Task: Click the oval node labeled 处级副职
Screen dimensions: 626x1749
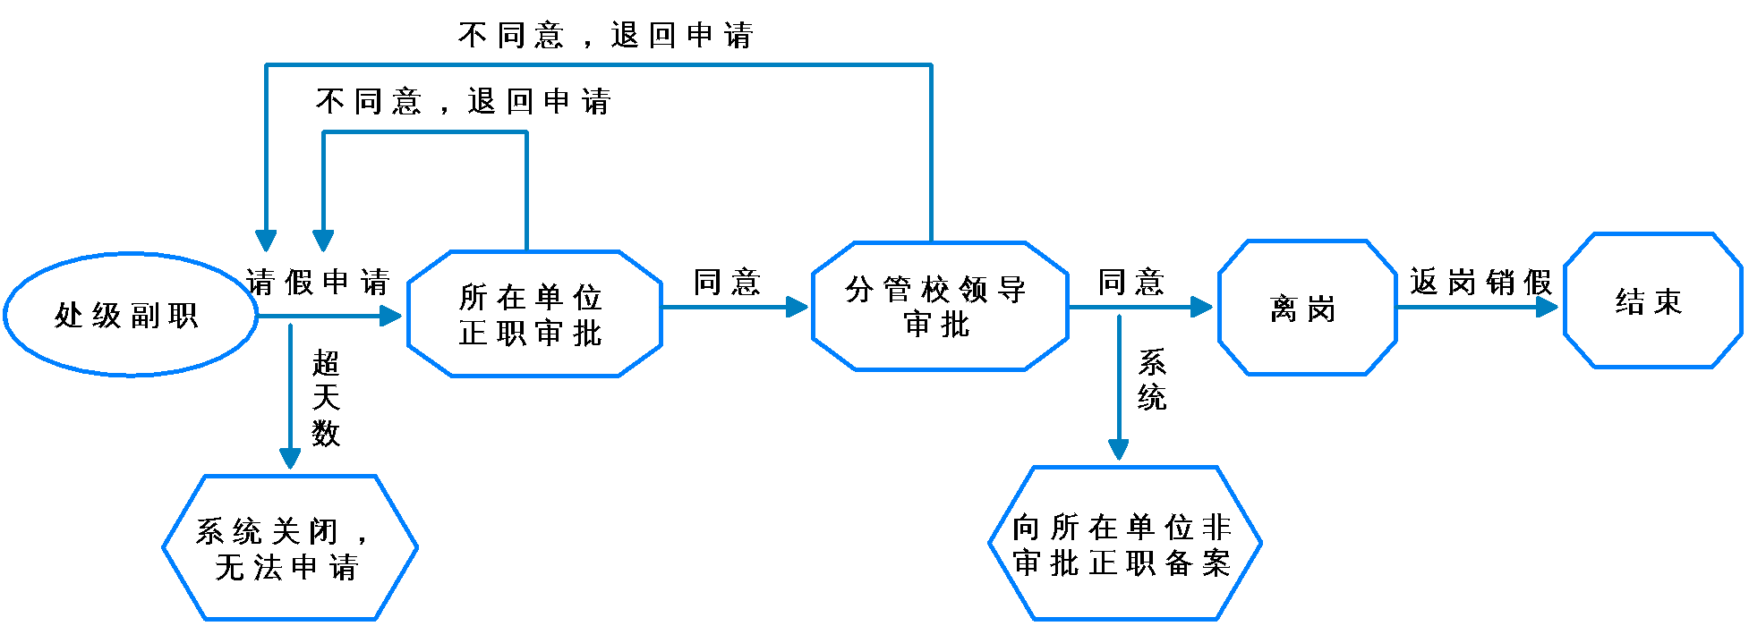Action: click(x=131, y=315)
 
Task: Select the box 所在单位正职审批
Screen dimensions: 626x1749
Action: click(x=534, y=314)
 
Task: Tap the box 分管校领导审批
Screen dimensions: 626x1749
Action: click(x=940, y=306)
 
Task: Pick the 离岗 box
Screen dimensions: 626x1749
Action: click(x=1307, y=308)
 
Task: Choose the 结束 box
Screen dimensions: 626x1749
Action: click(x=1652, y=301)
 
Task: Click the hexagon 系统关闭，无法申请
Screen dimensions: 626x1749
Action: click(x=290, y=547)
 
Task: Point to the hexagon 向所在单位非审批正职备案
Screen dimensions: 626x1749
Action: click(x=1124, y=544)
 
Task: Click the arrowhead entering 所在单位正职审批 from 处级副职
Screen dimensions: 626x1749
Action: click(x=392, y=316)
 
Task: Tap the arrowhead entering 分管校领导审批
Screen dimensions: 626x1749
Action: click(x=797, y=307)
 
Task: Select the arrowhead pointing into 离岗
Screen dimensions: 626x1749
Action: click(x=1202, y=307)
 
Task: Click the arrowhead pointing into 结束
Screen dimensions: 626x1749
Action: click(x=1548, y=307)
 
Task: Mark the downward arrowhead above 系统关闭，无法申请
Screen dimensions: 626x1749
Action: click(x=290, y=457)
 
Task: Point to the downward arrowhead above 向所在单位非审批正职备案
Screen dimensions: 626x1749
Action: click(x=1118, y=448)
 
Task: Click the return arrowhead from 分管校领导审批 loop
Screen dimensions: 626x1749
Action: click(x=266, y=241)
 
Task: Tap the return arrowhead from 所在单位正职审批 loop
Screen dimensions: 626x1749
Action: click(x=323, y=241)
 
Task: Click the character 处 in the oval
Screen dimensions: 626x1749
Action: click(x=69, y=316)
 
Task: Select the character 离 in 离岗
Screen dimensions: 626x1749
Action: click(x=1284, y=309)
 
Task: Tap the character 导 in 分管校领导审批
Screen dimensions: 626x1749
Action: click(x=1012, y=290)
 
